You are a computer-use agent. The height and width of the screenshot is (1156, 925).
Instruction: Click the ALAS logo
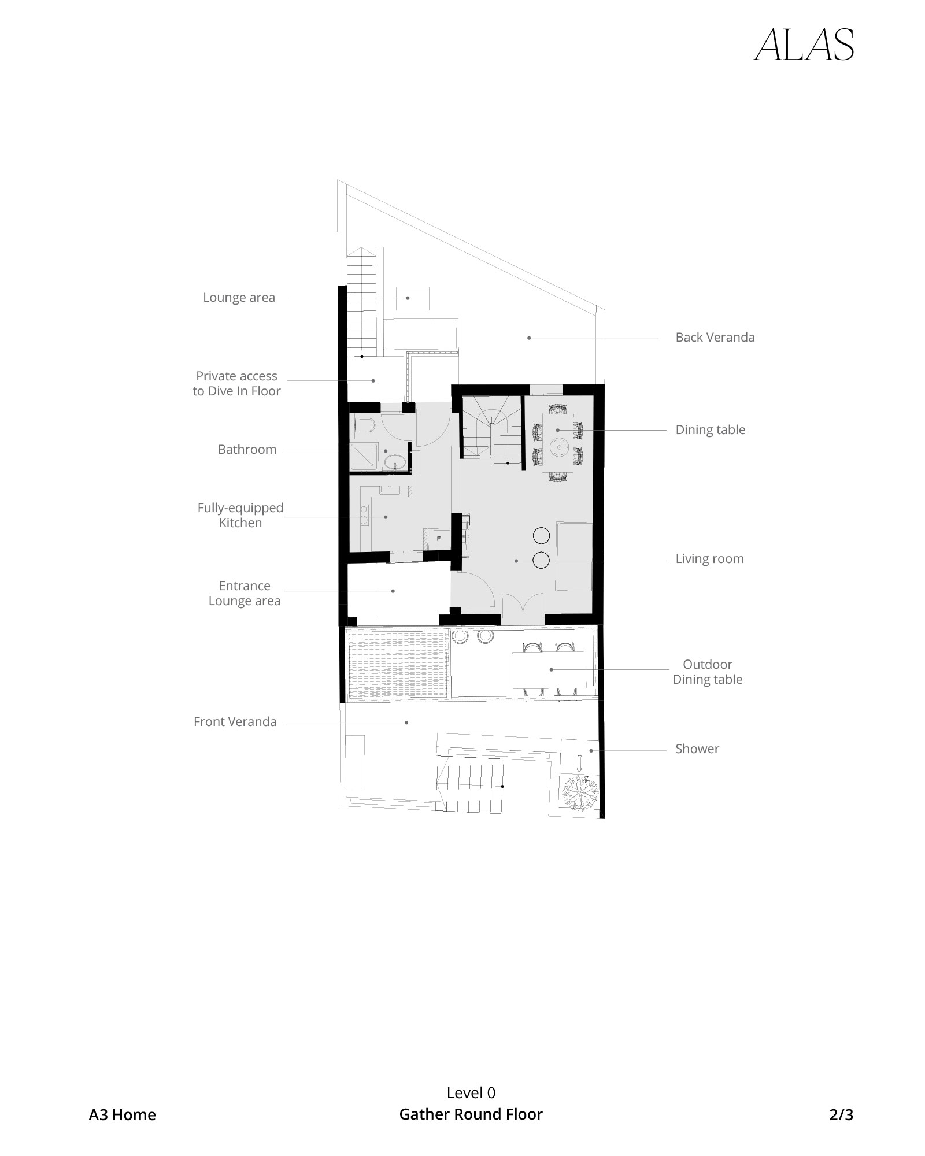click(804, 45)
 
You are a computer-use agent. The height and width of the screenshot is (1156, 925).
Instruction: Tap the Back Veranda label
click(715, 337)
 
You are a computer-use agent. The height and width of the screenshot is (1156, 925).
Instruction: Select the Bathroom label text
click(247, 449)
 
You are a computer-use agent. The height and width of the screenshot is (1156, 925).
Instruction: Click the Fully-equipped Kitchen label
click(240, 515)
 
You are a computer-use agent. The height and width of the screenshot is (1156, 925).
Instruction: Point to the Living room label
click(709, 558)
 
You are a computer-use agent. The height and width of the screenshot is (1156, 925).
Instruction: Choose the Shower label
click(697, 749)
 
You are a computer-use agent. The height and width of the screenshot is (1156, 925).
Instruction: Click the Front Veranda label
click(235, 721)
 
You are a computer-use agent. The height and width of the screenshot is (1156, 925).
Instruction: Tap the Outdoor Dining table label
click(707, 672)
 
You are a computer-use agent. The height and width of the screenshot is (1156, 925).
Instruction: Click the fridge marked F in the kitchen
click(438, 539)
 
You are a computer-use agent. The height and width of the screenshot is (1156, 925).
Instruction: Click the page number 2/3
click(841, 1114)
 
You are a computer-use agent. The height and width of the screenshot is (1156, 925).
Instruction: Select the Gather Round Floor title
click(471, 1114)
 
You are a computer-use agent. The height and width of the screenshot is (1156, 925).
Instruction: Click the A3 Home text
click(122, 1114)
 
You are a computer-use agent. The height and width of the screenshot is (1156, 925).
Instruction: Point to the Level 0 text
click(471, 1092)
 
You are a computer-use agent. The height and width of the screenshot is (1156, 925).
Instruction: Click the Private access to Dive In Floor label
click(236, 383)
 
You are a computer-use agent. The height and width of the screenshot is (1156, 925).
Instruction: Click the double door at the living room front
click(523, 608)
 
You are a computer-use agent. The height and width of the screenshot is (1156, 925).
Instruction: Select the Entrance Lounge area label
click(244, 593)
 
